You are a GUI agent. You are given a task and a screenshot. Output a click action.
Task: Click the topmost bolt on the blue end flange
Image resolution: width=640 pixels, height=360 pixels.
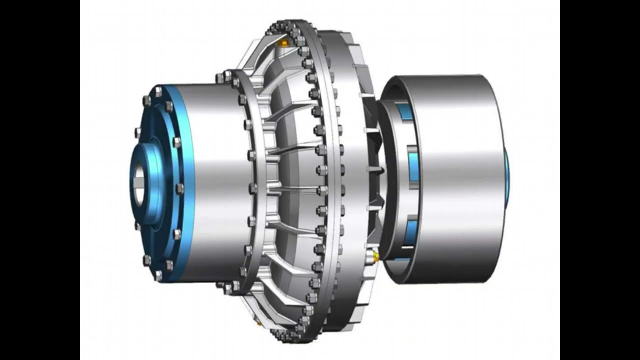(x=158, y=91)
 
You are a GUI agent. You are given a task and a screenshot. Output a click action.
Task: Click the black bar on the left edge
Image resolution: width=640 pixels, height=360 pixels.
(x=40, y=180)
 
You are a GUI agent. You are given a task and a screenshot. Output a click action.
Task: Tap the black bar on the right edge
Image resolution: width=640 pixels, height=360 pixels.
(x=600, y=180)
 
